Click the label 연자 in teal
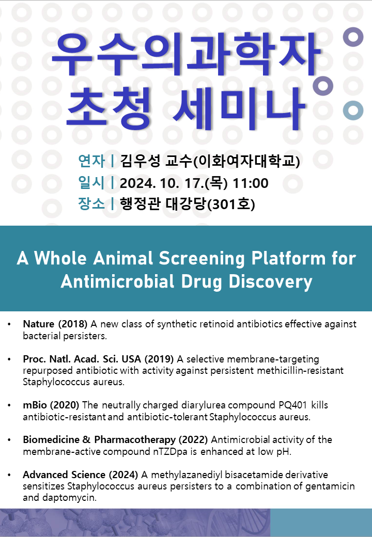pyautogui.click(x=91, y=161)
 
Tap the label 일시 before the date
pyautogui.click(x=91, y=183)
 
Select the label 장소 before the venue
pyautogui.click(x=91, y=204)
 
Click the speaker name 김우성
pyautogui.click(x=140, y=161)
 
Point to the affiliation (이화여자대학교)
pyautogui.click(x=246, y=161)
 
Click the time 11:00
pyautogui.click(x=251, y=183)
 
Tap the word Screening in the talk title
pyautogui.click(x=202, y=259)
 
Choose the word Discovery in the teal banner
pyautogui.click(x=271, y=282)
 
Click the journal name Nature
pyautogui.click(x=39, y=324)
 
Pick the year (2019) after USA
pyautogui.click(x=159, y=359)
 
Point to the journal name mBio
pyautogui.click(x=35, y=405)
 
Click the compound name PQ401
pyautogui.click(x=292, y=405)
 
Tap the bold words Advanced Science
pyautogui.click(x=64, y=475)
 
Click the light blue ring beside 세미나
pyautogui.click(x=353, y=110)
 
